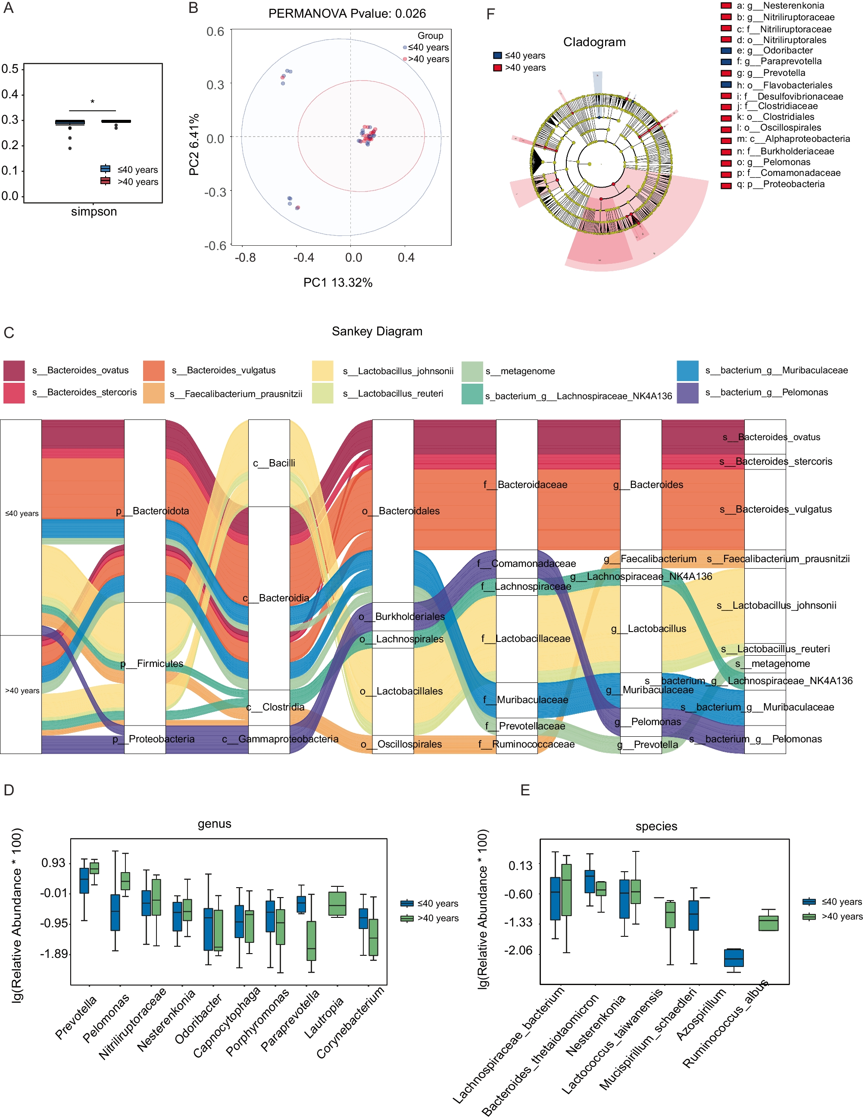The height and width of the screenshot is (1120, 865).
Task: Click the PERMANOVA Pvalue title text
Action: coord(347,13)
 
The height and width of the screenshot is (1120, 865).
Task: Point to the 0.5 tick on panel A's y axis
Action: coord(10,69)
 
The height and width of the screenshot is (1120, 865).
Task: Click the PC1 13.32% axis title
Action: coord(337,282)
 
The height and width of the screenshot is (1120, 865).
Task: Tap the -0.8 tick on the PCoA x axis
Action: coord(245,257)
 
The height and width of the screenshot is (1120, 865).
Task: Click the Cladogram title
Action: coord(594,42)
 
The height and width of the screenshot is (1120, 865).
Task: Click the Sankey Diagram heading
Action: coord(377,331)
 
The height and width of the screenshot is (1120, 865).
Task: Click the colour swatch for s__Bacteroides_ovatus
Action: coord(14,370)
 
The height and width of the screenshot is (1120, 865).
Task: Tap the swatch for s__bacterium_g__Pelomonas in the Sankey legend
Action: coord(687,393)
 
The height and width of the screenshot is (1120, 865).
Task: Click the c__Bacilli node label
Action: coord(274,463)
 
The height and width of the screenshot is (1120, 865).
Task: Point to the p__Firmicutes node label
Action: coord(151,663)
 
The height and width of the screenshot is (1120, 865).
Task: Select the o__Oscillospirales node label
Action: coord(400,744)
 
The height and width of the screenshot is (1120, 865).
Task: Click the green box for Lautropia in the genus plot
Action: coord(337,904)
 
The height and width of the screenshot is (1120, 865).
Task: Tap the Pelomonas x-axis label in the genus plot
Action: coord(106,1018)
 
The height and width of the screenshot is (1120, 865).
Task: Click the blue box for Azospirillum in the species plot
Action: coord(733,958)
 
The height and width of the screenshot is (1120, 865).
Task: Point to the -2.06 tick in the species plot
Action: coord(518,951)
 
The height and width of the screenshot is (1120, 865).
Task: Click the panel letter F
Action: coord(490,14)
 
